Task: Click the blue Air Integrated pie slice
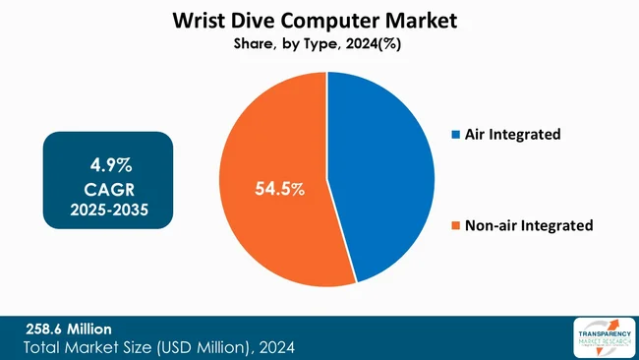pos(383,167)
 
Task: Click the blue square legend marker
pos(454,134)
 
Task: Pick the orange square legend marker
pos(454,226)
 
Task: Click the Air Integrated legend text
pos(512,134)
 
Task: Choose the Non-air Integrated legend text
pos(528,226)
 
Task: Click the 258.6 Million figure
pos(69,329)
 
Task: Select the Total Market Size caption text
pos(159,347)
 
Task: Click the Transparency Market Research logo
pos(599,337)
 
